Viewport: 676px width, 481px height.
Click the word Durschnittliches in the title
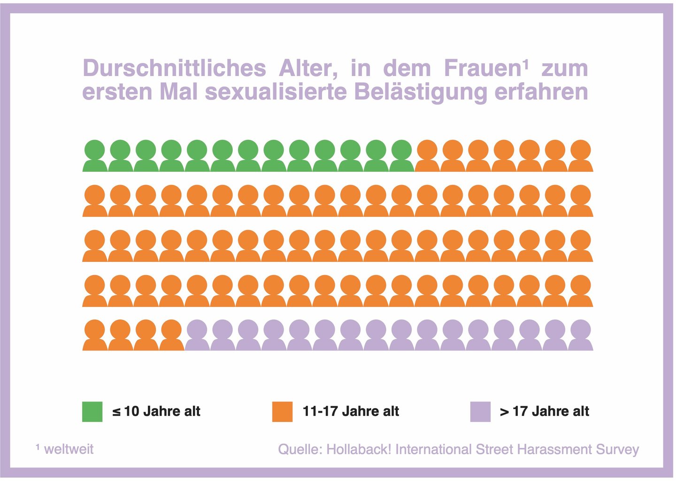tap(174, 69)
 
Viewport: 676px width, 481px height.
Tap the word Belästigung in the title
tap(420, 92)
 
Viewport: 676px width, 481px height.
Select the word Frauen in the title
tap(483, 69)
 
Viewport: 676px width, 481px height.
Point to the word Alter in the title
tap(308, 69)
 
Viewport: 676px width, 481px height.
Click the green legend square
tap(92, 412)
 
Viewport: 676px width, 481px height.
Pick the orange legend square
tap(282, 412)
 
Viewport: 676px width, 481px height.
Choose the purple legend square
tap(480, 412)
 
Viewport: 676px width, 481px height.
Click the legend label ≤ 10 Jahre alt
tap(156, 412)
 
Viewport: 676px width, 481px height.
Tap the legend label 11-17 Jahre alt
tap(351, 412)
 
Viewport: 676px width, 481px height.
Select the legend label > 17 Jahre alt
tap(545, 412)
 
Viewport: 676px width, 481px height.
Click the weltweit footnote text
tap(69, 449)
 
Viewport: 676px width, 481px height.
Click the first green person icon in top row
tap(95, 156)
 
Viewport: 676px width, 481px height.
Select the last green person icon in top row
tap(401, 156)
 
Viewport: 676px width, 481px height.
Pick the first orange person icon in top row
tap(427, 156)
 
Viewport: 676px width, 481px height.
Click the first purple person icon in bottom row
tap(197, 335)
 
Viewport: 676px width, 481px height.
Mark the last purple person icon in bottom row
tap(580, 335)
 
